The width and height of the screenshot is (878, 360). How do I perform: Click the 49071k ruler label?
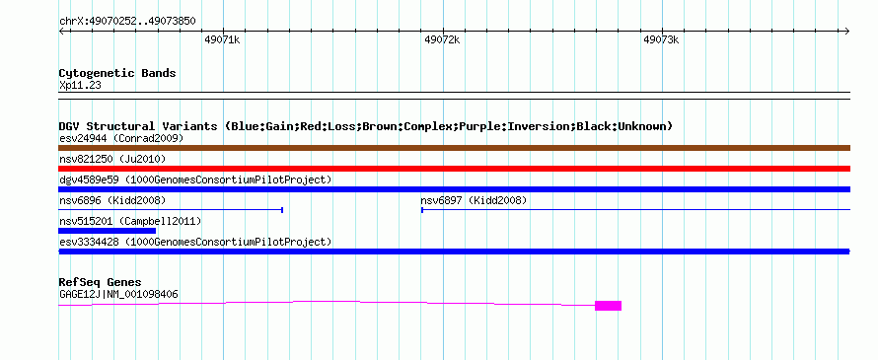222,39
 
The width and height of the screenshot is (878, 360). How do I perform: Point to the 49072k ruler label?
442,39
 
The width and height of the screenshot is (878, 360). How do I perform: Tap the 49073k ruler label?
661,39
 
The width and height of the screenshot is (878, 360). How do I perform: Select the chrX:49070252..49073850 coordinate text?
127,22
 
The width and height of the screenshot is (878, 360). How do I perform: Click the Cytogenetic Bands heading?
117,73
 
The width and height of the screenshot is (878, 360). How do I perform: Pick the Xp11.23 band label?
80,86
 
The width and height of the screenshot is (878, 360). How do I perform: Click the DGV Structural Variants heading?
366,126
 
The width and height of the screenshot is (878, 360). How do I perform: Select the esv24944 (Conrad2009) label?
121,138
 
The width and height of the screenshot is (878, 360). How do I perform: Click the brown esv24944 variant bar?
455,148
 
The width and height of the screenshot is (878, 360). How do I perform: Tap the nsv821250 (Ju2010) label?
112,159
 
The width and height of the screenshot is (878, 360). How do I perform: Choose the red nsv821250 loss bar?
455,169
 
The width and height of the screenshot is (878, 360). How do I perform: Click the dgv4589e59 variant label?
195,180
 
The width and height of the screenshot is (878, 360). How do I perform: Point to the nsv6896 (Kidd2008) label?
112,200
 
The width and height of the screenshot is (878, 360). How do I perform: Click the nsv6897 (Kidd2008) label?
474,200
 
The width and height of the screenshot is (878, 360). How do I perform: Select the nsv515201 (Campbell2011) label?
130,221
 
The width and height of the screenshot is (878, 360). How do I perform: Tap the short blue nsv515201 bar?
107,231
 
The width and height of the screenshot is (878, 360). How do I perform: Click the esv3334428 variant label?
195,242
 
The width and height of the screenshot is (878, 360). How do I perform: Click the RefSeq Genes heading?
101,282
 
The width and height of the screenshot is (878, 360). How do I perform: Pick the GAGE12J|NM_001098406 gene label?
118,294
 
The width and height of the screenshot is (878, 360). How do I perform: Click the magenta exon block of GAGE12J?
608,306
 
